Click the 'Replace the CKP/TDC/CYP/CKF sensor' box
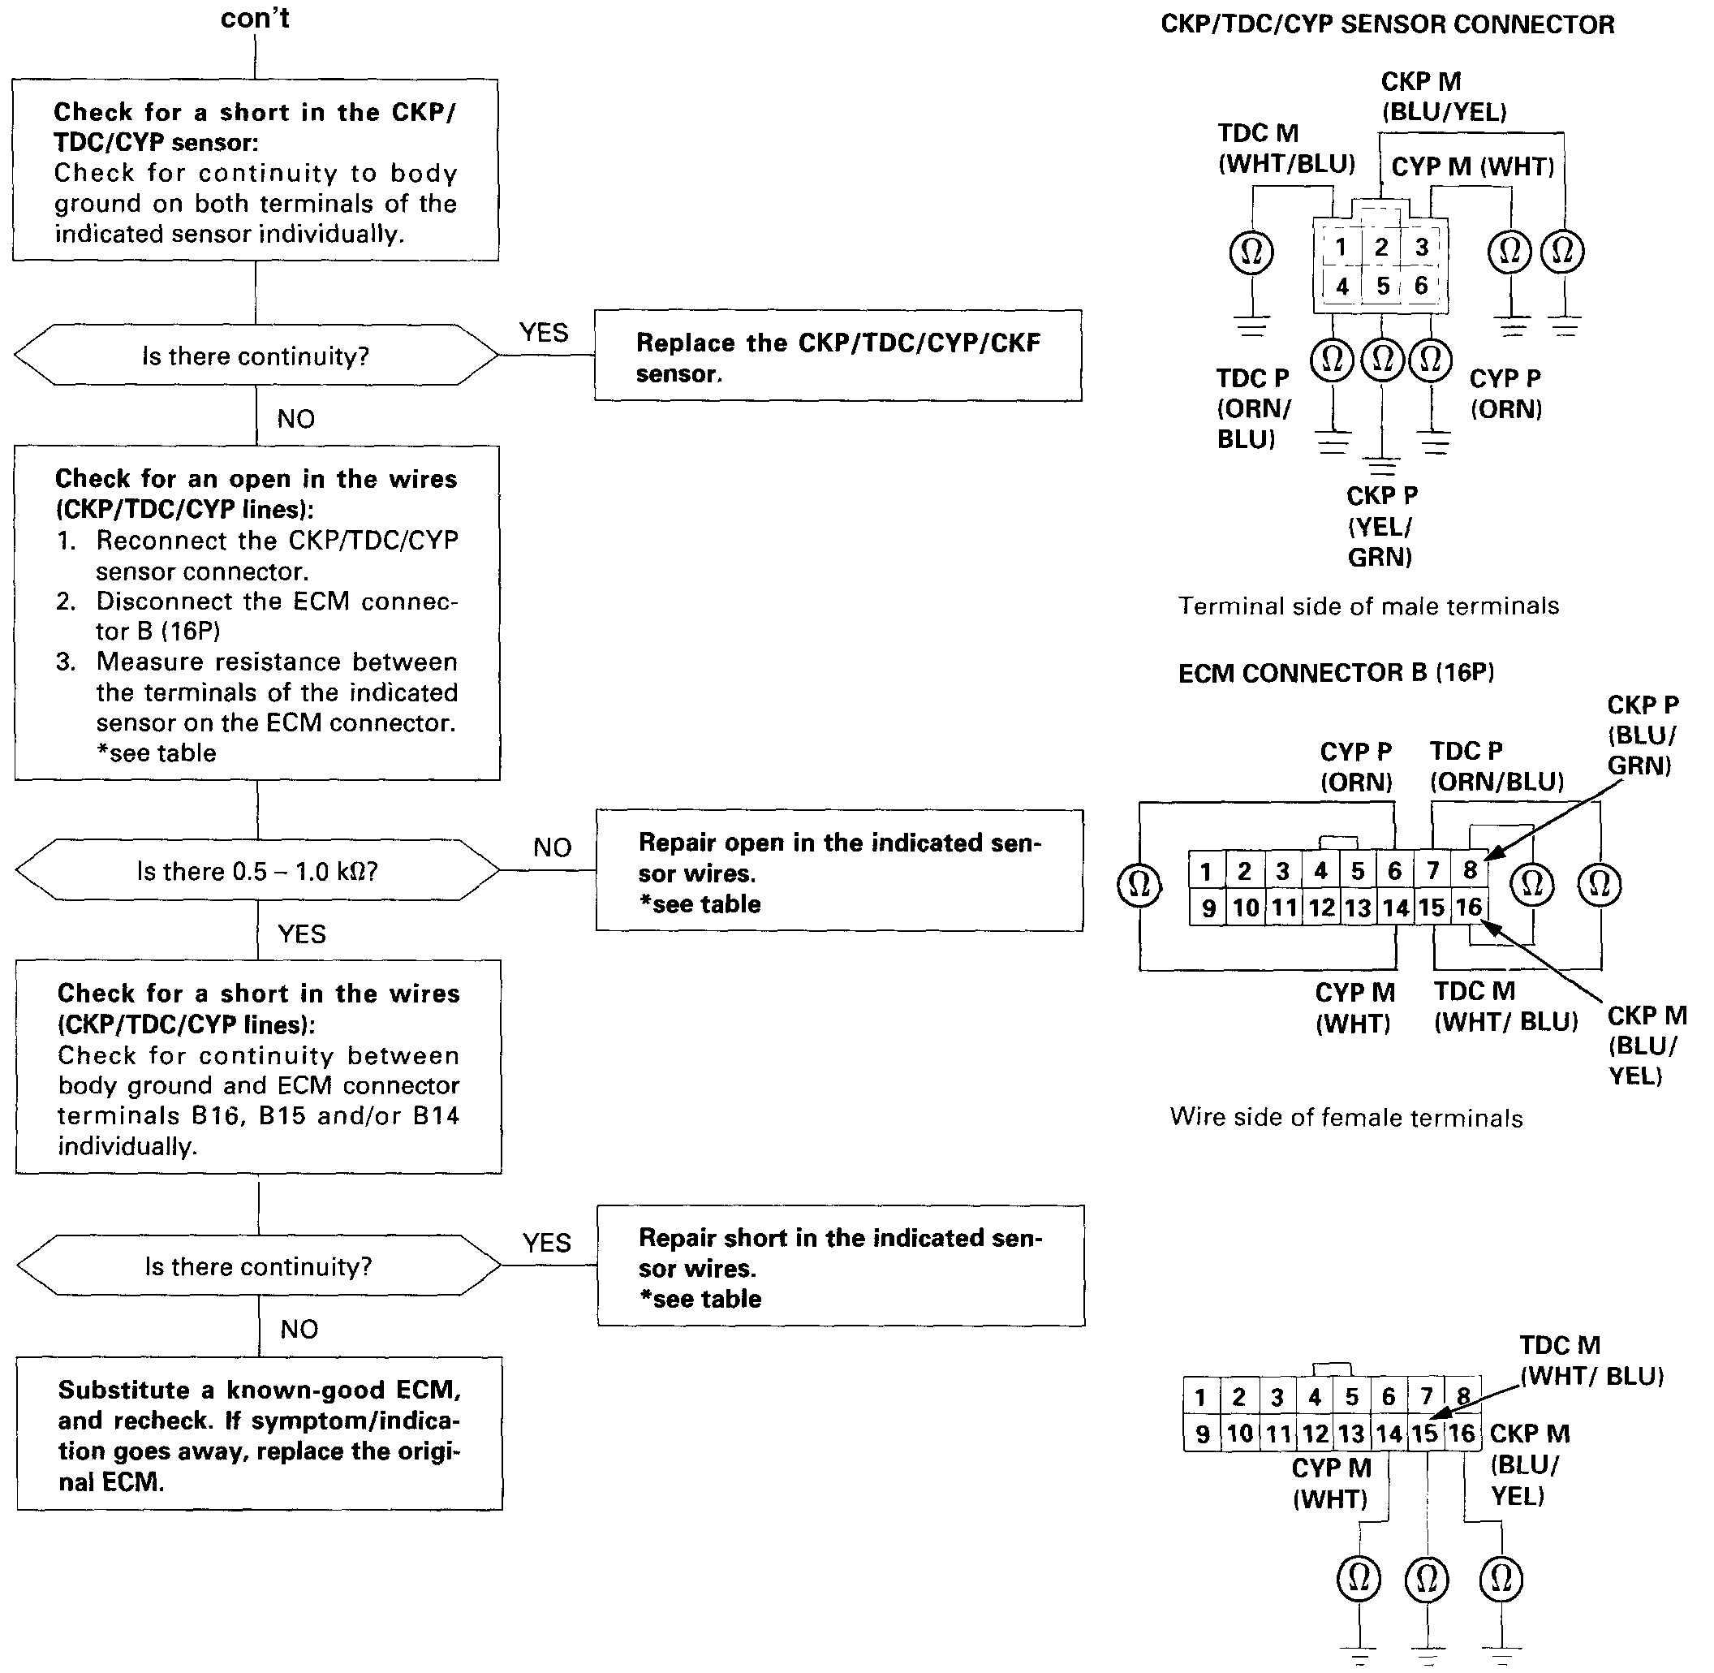click(838, 356)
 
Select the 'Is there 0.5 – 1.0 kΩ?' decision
click(256, 870)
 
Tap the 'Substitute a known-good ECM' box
click(259, 1435)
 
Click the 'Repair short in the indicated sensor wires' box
click(840, 1267)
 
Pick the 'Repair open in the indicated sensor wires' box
click(839, 872)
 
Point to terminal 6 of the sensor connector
click(1420, 286)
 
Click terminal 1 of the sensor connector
click(1341, 248)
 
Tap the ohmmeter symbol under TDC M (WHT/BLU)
click(1251, 252)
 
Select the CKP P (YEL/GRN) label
click(1381, 525)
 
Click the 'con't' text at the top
click(255, 19)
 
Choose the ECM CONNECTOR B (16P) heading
click(1335, 673)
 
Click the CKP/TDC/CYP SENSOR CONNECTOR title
click(1387, 24)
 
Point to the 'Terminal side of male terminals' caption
click(1367, 606)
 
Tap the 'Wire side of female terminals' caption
click(1346, 1118)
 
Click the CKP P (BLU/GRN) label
click(1641, 735)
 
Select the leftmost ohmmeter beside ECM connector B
click(1139, 884)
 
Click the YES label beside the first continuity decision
click(544, 333)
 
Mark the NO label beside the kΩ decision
click(552, 848)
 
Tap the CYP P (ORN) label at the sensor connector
click(1505, 393)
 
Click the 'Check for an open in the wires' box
click(256, 612)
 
